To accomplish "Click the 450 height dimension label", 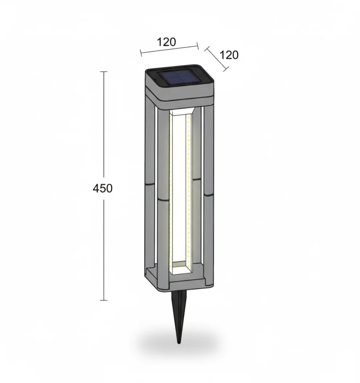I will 103,189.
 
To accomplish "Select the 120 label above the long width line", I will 167,42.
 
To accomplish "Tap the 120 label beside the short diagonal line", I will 229,55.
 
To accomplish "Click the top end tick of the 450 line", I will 104,72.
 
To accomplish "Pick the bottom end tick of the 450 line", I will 104,300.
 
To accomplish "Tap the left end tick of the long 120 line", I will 141,54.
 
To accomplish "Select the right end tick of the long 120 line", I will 198,45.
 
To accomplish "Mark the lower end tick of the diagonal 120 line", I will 226,69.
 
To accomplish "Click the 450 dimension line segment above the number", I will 104,127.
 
